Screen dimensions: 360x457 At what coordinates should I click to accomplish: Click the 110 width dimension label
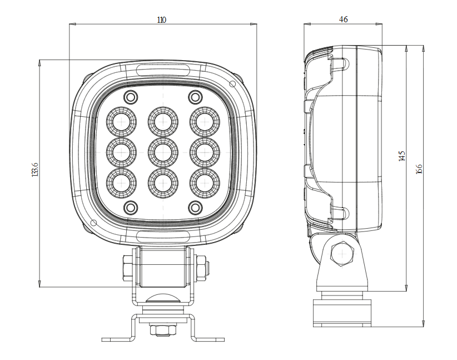[x=161, y=20]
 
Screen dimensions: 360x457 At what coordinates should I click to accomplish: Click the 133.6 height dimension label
[x=36, y=170]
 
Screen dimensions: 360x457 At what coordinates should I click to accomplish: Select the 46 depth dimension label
[x=343, y=19]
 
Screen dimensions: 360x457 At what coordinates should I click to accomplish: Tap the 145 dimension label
[x=402, y=156]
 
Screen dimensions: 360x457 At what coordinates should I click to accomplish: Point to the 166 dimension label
[x=419, y=169]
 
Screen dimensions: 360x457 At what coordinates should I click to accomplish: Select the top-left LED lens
[x=121, y=121]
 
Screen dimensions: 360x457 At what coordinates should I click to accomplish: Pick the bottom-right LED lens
[x=205, y=182]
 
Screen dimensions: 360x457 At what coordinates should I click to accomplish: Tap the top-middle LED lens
[x=163, y=121]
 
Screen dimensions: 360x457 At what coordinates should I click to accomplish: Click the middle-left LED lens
[x=121, y=151]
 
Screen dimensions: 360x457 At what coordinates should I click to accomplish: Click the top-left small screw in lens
[x=131, y=97]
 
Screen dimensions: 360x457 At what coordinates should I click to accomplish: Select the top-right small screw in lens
[x=195, y=97]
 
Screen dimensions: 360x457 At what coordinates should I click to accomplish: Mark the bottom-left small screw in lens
[x=131, y=208]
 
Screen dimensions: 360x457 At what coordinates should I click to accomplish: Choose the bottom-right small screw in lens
[x=195, y=208]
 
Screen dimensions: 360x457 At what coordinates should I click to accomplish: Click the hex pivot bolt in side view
[x=340, y=254]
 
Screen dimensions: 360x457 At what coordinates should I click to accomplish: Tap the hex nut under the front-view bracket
[x=162, y=331]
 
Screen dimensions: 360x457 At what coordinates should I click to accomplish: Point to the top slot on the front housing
[x=163, y=70]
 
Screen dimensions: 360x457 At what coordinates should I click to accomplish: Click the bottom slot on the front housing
[x=163, y=236]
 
